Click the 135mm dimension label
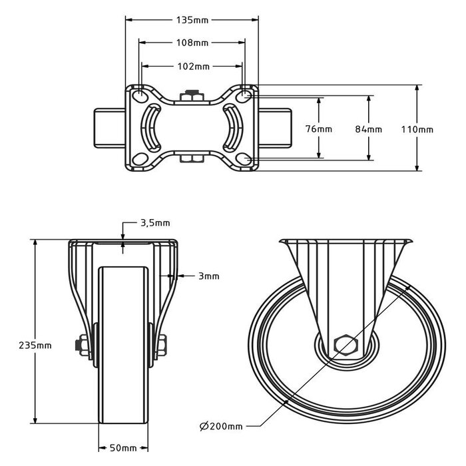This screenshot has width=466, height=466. (x=192, y=20)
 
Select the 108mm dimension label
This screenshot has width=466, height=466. (x=192, y=43)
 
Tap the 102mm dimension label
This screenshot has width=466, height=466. (x=192, y=67)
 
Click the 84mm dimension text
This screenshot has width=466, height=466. (x=369, y=128)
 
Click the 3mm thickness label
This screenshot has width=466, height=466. (x=208, y=276)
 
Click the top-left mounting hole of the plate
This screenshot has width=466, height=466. (x=140, y=97)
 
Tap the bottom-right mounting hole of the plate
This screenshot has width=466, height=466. (x=244, y=159)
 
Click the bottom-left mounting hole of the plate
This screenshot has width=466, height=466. (x=140, y=159)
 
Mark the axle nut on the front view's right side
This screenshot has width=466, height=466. (x=162, y=346)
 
